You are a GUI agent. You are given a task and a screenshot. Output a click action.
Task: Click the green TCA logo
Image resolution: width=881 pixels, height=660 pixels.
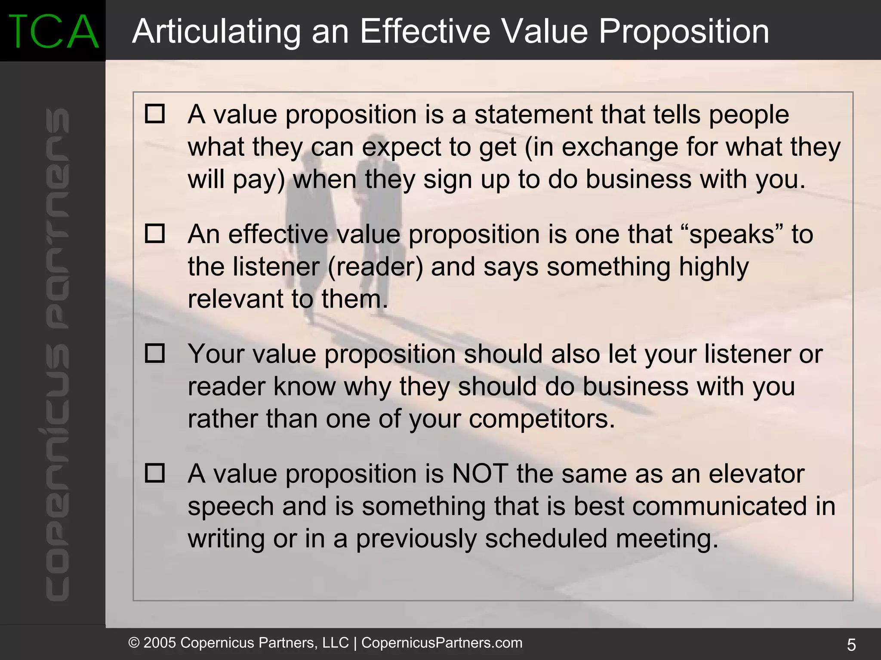[53, 31]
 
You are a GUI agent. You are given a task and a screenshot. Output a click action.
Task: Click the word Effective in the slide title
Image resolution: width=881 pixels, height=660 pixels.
[425, 31]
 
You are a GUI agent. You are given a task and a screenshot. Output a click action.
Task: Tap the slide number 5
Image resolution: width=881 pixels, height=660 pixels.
[851, 645]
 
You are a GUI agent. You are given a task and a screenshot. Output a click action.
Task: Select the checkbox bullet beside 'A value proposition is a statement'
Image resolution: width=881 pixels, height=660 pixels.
[155, 114]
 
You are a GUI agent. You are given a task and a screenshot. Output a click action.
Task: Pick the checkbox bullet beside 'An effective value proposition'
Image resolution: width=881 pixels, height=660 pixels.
[155, 234]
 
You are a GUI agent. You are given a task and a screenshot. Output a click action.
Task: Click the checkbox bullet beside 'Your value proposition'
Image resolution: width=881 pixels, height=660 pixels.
[155, 353]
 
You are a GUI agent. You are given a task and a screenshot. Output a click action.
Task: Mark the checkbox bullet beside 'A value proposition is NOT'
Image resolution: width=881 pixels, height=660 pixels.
[155, 473]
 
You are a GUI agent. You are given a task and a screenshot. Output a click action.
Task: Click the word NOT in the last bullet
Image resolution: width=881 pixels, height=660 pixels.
[480, 474]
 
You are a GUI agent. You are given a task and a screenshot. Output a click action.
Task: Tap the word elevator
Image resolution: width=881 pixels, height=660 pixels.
[756, 474]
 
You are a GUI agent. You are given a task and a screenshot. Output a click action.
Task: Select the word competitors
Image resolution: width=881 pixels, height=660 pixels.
[542, 419]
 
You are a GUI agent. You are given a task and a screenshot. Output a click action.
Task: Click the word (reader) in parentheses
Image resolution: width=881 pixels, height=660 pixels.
[376, 267]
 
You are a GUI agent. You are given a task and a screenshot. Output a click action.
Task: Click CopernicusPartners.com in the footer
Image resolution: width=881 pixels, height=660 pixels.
[442, 643]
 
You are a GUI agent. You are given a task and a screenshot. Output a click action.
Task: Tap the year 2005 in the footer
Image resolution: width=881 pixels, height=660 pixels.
[160, 643]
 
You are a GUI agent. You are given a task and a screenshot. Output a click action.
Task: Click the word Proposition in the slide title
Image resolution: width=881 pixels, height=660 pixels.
[684, 31]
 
